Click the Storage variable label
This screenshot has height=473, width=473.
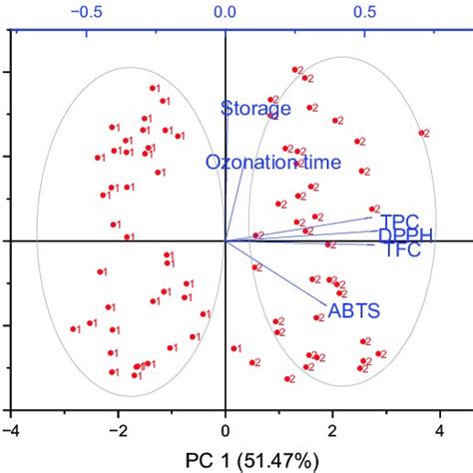pos(255,108)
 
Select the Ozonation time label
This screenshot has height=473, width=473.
pos(273,162)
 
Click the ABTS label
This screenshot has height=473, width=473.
pos(353,311)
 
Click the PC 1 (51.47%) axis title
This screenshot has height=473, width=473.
pos(226,462)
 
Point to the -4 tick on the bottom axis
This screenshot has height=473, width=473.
pos(11,430)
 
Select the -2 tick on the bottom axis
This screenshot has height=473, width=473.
pos(118,430)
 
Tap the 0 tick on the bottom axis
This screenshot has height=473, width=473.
pos(226,430)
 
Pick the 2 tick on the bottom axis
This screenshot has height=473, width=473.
pos(332,430)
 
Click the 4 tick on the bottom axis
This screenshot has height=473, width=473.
pos(439,430)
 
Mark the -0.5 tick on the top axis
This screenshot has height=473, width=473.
pos(87,12)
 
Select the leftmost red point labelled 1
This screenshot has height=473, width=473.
pos(73,328)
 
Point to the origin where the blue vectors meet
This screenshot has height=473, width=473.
pos(226,240)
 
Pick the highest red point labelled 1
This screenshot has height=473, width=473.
pos(153,88)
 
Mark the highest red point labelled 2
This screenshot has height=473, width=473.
pos(294,70)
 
